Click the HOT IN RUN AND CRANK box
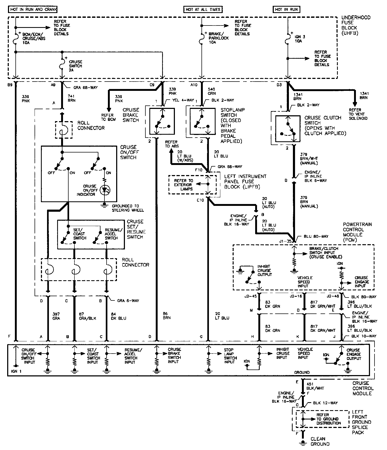coord(33,10)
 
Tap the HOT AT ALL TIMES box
coord(203,10)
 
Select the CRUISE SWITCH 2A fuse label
coord(75,66)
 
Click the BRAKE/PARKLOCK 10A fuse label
coord(218,38)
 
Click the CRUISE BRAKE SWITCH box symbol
coord(162,121)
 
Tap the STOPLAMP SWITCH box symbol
coord(202,121)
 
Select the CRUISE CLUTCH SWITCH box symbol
coord(288,129)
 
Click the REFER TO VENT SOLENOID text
coord(358,114)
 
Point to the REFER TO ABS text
coord(172,144)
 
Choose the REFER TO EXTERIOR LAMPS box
coord(184,185)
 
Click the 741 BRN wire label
coord(72,98)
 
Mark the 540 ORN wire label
coord(212,91)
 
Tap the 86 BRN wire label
coord(167,316)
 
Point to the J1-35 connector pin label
coord(287,241)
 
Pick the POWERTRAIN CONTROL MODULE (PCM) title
coord(357,232)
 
